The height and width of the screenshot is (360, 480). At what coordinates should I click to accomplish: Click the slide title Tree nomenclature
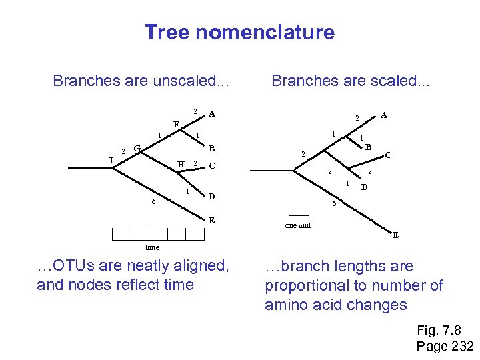(239, 32)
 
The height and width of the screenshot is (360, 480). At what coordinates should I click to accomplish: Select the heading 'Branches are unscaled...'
(141, 81)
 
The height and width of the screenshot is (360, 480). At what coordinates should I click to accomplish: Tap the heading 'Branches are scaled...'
(351, 81)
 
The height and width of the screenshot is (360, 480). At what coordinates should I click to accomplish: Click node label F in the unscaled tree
(176, 124)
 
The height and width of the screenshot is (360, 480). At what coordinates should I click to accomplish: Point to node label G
(136, 148)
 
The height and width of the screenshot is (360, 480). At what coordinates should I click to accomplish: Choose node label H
(180, 165)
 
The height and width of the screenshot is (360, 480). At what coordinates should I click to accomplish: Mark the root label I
(111, 159)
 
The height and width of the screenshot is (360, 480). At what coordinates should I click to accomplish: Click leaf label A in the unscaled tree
(211, 114)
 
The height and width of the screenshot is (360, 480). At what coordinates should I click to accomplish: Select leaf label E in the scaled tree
(395, 235)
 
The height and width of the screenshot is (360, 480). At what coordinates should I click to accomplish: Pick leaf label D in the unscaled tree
(211, 197)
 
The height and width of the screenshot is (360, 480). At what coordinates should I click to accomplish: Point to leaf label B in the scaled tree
(368, 146)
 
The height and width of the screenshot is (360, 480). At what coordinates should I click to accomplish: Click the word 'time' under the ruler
(152, 247)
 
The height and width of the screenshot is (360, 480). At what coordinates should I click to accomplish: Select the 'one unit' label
(298, 225)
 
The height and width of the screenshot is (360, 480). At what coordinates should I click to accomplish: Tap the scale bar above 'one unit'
(299, 215)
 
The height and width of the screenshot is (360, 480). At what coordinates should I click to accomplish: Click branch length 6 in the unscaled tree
(153, 202)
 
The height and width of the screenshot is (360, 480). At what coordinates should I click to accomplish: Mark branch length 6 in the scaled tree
(334, 203)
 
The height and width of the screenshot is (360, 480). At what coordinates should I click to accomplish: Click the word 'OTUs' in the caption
(75, 265)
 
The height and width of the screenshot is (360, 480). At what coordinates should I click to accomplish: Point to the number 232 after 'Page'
(462, 346)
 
